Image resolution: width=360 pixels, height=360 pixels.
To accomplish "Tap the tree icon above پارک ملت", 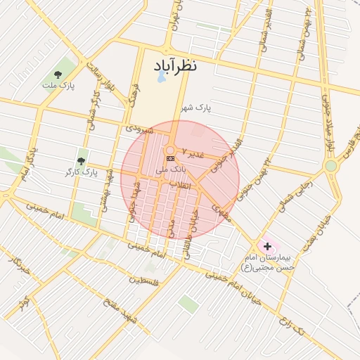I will pyautogui.click(x=58, y=74).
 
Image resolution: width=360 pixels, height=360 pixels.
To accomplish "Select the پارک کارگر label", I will pyautogui.click(x=82, y=171).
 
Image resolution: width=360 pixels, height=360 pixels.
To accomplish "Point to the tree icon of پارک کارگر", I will pyautogui.click(x=84, y=159).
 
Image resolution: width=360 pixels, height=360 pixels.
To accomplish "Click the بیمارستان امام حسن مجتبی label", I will pyautogui.click(x=270, y=262).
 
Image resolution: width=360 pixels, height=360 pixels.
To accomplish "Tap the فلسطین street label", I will pyautogui.click(x=144, y=281).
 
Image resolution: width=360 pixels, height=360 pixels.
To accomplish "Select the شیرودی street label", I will pyautogui.click(x=137, y=129).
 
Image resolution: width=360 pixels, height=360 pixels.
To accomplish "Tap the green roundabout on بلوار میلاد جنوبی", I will pyautogui.click(x=330, y=166).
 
